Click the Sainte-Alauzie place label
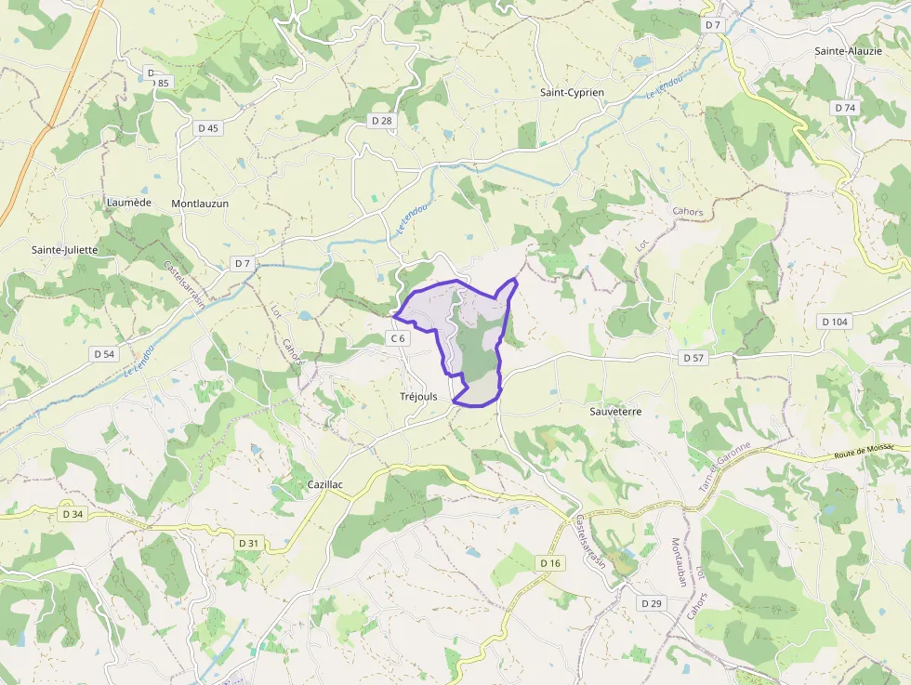(847, 51)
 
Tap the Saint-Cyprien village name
(572, 93)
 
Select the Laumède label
(128, 203)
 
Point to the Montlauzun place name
(200, 204)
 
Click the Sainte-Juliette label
(64, 250)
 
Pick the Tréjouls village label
(418, 397)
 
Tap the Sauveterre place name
(615, 410)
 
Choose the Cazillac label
(325, 485)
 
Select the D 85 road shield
(161, 83)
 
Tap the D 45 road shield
(208, 128)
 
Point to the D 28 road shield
(381, 121)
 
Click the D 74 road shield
(844, 108)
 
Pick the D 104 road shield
(835, 322)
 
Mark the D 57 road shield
(693, 358)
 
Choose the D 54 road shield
(104, 354)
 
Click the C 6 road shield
(398, 338)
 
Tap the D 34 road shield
(73, 514)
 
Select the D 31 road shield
(248, 543)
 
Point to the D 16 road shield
(550, 563)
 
